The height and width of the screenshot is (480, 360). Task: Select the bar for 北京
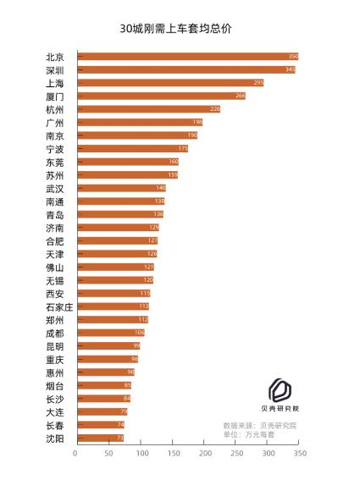click(x=186, y=57)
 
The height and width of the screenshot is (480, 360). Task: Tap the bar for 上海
click(x=169, y=83)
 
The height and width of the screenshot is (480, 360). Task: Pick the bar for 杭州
click(x=148, y=109)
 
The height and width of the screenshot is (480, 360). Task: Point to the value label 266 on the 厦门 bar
click(x=240, y=96)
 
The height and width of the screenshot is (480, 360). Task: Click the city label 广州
click(x=55, y=123)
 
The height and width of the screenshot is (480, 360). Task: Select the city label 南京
click(x=55, y=135)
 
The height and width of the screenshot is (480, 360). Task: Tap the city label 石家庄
click(x=59, y=306)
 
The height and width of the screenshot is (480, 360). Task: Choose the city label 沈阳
click(x=55, y=438)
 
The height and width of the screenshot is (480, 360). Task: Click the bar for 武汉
click(x=121, y=188)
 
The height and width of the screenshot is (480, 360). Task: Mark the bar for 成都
click(x=110, y=333)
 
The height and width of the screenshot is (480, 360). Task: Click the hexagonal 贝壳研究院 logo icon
click(x=280, y=390)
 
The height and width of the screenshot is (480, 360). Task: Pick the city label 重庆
click(x=55, y=359)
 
